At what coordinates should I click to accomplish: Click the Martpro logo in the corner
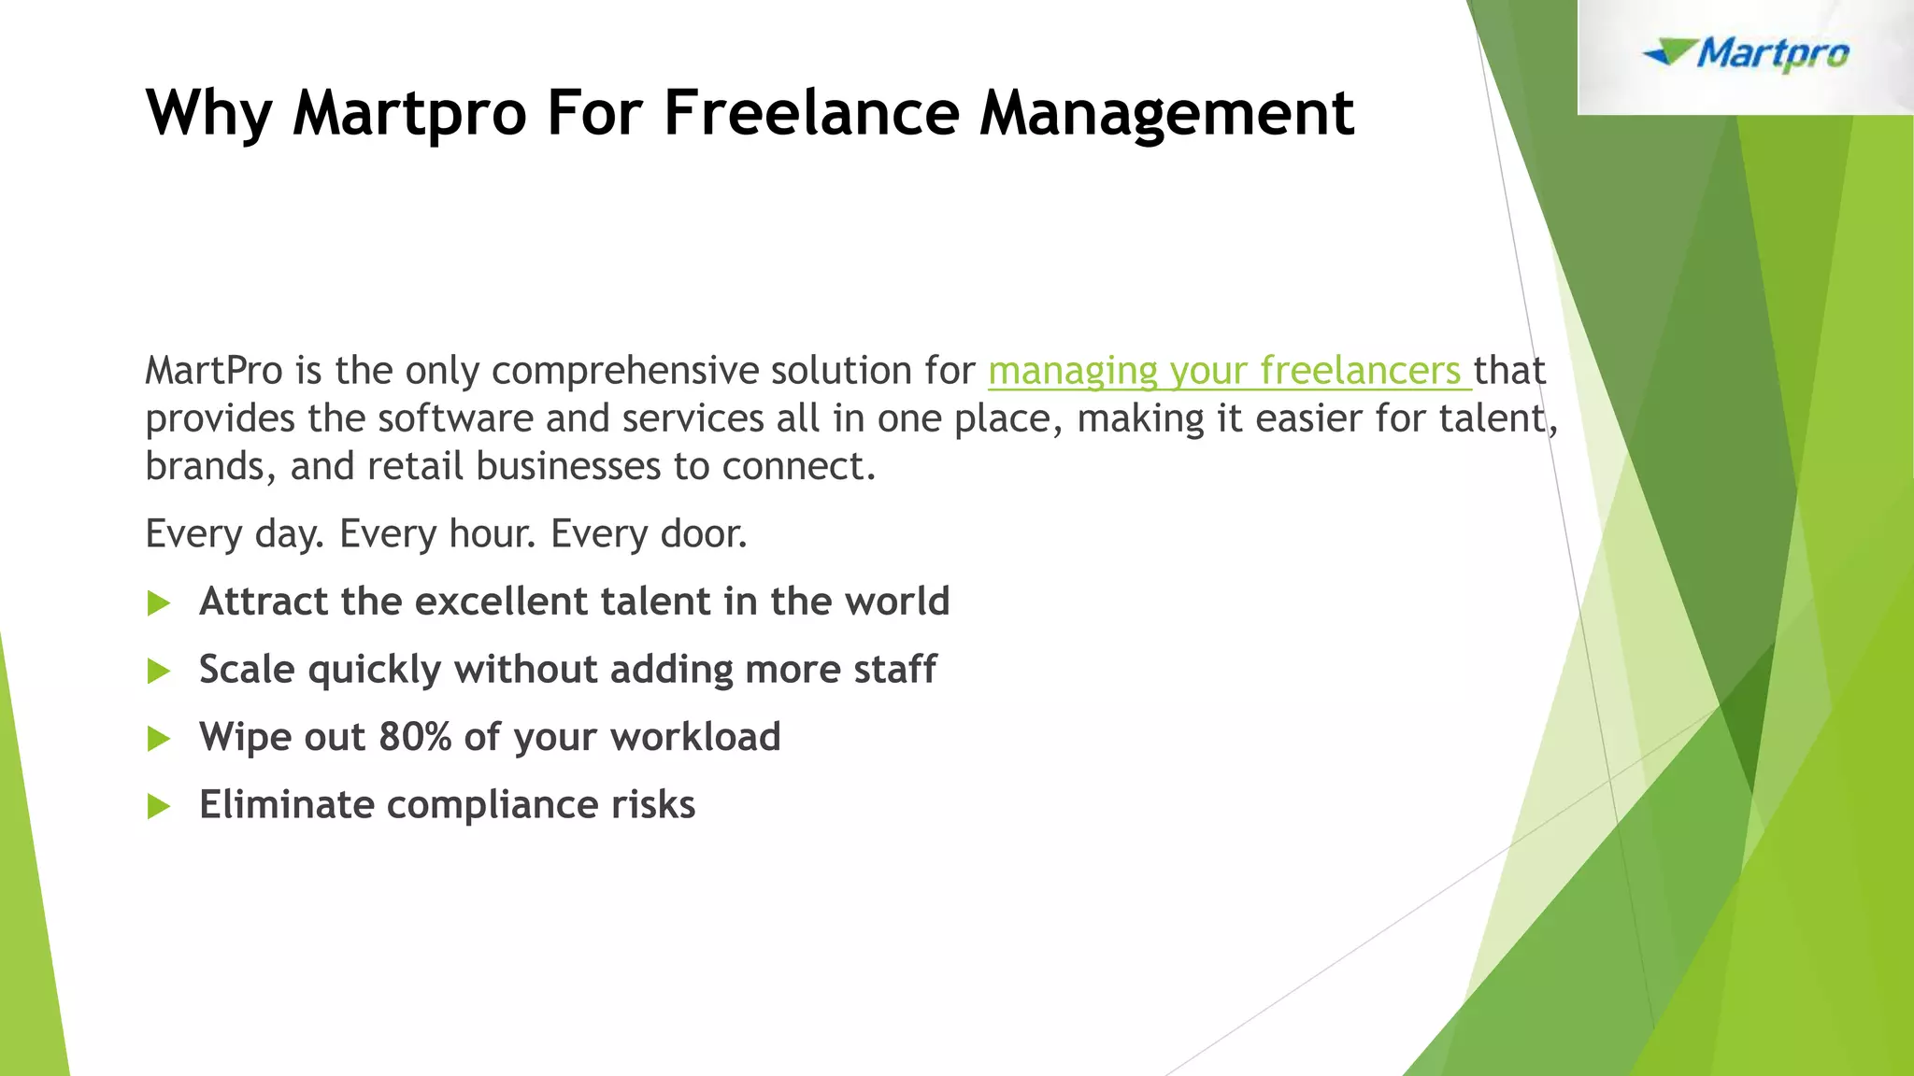coord(1746,54)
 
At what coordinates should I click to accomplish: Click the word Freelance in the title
coord(811,113)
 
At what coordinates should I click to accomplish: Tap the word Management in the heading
coord(1166,113)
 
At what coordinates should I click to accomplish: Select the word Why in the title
coord(208,113)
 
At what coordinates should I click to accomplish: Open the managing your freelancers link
coord(1224,371)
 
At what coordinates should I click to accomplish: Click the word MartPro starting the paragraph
coord(213,371)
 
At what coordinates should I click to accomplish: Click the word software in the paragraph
coord(454,418)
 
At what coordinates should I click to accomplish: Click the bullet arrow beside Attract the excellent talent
coord(159,603)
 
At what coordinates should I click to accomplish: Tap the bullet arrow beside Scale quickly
coord(159,671)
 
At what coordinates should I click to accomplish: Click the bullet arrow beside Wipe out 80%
coord(159,739)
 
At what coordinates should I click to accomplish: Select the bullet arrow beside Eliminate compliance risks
coord(159,806)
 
